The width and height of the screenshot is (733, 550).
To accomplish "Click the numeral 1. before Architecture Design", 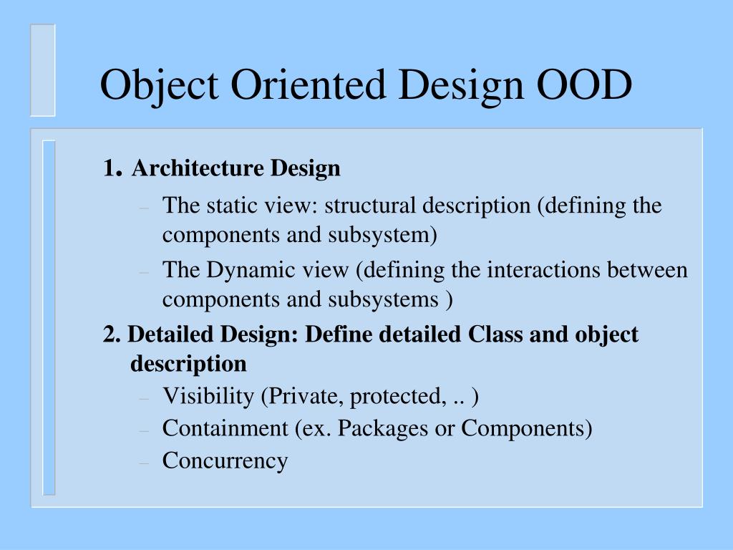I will pos(112,169).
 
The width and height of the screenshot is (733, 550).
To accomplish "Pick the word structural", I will pos(370,206).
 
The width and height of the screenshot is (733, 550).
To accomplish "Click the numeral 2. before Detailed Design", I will pos(112,334).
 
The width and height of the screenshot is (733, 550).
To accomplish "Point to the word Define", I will pos(334,334).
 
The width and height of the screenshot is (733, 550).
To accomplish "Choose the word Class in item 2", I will pos(496,334).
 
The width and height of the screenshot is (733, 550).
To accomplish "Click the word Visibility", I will pos(208,396).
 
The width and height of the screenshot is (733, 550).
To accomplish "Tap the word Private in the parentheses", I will pos(298,396).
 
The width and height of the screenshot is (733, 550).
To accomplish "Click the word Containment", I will pos(224,428).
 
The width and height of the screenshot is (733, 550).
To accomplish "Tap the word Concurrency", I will pos(225,460).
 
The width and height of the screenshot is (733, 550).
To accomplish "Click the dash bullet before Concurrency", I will pos(144,462).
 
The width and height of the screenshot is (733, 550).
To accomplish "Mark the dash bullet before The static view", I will pos(144,208).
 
